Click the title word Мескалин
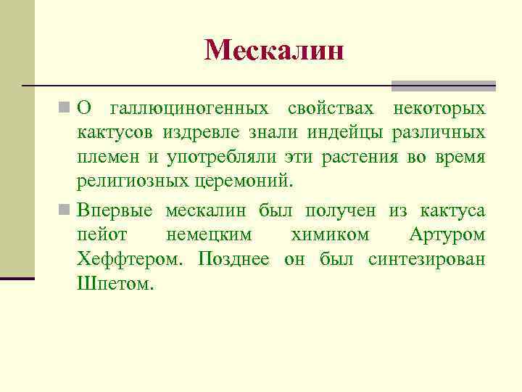(x=273, y=49)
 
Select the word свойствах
(x=331, y=109)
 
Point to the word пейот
(x=101, y=236)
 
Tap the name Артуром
(x=447, y=236)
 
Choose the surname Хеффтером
(x=131, y=260)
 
